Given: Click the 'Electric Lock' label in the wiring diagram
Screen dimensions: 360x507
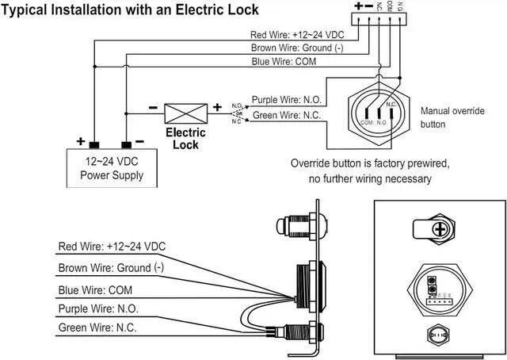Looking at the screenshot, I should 185,138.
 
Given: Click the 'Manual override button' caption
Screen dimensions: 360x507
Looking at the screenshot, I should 452,117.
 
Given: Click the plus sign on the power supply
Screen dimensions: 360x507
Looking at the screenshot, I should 81,142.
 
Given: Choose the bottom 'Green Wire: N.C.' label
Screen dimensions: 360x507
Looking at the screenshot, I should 97,327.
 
